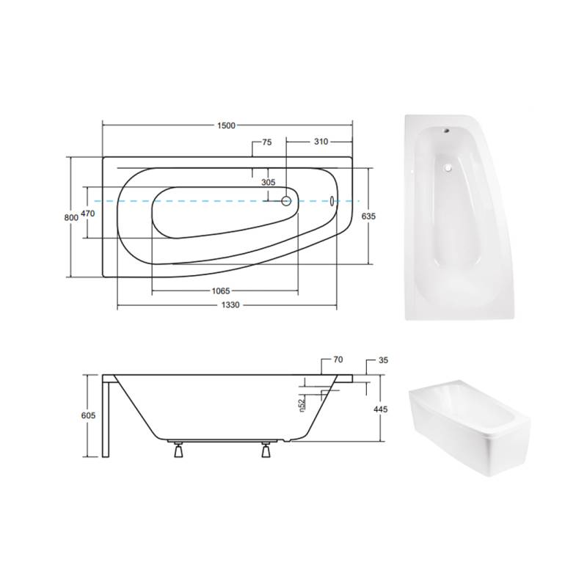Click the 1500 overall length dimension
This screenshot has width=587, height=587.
tap(226, 125)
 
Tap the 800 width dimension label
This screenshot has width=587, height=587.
tap(71, 217)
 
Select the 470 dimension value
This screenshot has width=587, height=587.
tap(88, 214)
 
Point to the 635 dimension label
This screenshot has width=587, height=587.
tap(369, 216)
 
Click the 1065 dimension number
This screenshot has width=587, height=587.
tap(221, 291)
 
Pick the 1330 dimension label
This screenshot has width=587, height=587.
tap(230, 305)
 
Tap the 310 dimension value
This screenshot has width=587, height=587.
tap(321, 142)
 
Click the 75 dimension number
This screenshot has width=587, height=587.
tap(267, 142)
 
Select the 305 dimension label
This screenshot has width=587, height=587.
tap(269, 182)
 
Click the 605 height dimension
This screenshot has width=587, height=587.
tap(88, 415)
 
